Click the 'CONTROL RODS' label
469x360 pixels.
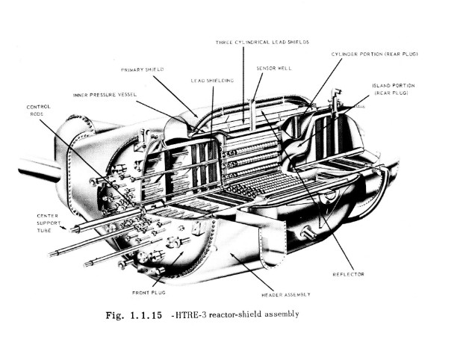[x=39, y=110]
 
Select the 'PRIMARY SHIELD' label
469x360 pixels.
[x=142, y=69]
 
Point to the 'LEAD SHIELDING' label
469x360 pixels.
[x=211, y=80]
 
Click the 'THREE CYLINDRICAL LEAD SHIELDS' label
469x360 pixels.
[x=262, y=42]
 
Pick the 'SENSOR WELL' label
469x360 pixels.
[x=273, y=67]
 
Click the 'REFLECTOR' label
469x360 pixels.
[x=348, y=274]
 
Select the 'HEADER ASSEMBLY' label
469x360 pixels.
[x=285, y=294]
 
